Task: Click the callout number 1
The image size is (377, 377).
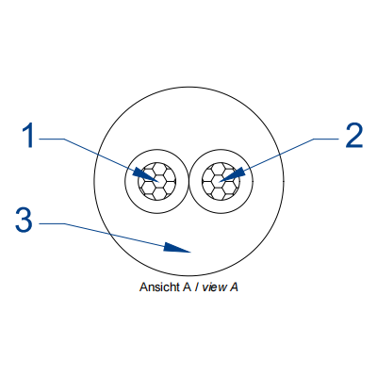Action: tap(27, 136)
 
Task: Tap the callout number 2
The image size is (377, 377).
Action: tap(354, 136)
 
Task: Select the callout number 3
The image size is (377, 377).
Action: tap(24, 221)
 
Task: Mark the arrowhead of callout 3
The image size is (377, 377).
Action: tap(177, 248)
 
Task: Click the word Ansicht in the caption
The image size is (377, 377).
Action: tap(159, 287)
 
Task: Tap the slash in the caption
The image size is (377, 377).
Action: tap(196, 287)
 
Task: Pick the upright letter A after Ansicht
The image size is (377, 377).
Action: tap(187, 287)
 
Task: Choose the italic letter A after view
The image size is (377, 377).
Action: tap(234, 287)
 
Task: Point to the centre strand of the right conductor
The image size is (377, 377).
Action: tap(221, 181)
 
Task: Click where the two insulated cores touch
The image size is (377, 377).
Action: tap(188, 182)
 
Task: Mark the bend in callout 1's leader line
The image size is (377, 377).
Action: tap(64, 139)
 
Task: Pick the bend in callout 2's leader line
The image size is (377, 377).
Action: tap(314, 139)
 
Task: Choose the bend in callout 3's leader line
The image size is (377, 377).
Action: tap(65, 223)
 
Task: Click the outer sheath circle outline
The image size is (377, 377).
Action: tap(189, 87)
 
